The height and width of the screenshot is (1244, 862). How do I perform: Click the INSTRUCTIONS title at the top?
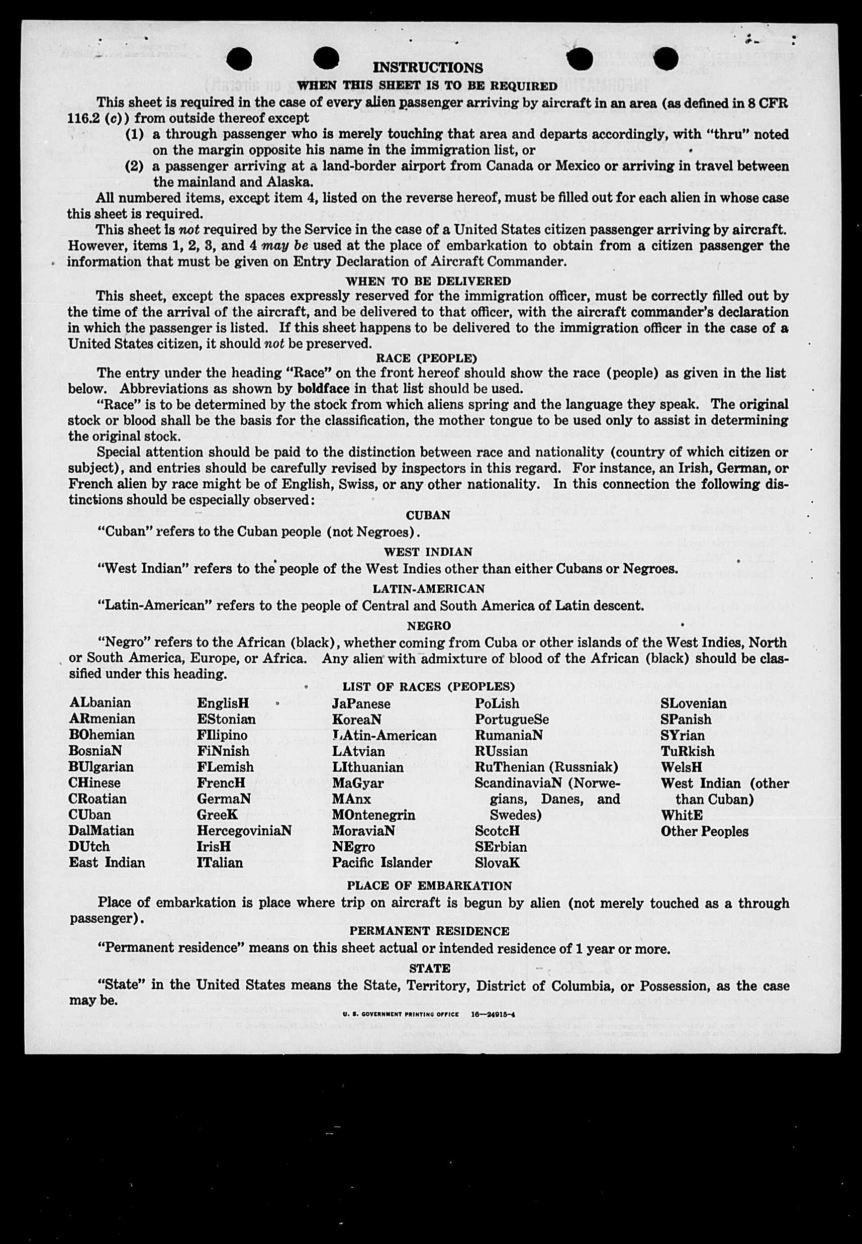[x=428, y=68]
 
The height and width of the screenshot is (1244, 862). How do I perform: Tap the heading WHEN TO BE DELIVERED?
[x=428, y=282]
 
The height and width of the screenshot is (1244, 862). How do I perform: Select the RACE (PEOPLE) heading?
[x=427, y=358]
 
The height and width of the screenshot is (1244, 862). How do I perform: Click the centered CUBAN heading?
[x=428, y=515]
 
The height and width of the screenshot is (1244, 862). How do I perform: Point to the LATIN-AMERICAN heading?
[x=429, y=588]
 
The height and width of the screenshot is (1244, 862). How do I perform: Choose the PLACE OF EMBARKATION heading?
[x=429, y=886]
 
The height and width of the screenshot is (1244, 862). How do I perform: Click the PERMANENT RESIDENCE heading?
[x=429, y=931]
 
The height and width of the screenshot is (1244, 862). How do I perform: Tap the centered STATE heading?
[x=429, y=968]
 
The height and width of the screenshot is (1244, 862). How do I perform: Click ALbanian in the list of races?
[x=100, y=703]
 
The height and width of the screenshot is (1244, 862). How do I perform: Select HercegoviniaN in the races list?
[x=244, y=830]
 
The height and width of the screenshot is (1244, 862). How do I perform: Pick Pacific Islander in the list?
[x=382, y=863]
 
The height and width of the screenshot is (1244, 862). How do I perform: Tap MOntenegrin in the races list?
[x=373, y=815]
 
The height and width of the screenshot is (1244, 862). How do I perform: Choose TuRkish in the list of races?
[x=687, y=751]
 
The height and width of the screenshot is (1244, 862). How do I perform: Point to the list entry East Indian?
[x=107, y=863]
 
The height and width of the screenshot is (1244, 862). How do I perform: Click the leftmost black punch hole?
[x=239, y=59]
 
